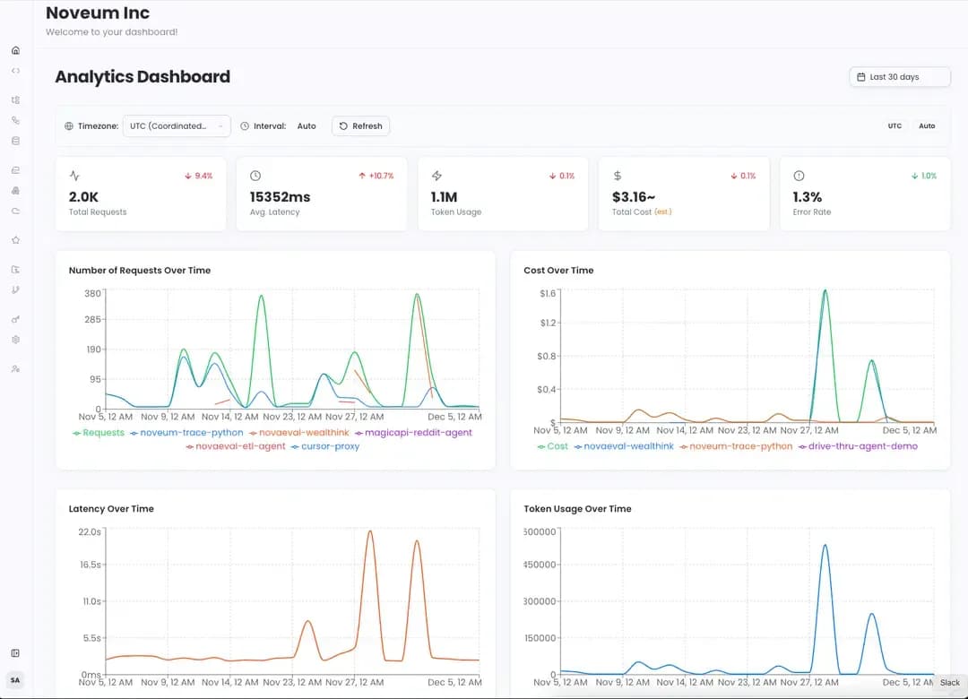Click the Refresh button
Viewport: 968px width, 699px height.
pyautogui.click(x=360, y=126)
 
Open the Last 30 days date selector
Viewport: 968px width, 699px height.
pyautogui.click(x=899, y=77)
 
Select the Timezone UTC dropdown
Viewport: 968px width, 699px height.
pyautogui.click(x=176, y=126)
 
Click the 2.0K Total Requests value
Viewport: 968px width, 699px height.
pyautogui.click(x=84, y=196)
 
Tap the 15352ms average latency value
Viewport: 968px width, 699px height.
pyautogui.click(x=280, y=196)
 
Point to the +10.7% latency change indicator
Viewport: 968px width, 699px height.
pyautogui.click(x=376, y=176)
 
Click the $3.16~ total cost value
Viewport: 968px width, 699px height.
pyautogui.click(x=634, y=196)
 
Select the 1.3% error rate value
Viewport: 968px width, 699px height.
pyautogui.click(x=807, y=196)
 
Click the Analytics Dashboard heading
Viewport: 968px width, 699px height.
pyautogui.click(x=143, y=77)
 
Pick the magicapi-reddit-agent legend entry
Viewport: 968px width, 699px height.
pyautogui.click(x=418, y=433)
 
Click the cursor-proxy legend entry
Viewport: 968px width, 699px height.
pyautogui.click(x=330, y=446)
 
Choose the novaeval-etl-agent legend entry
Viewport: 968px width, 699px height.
pyautogui.click(x=240, y=446)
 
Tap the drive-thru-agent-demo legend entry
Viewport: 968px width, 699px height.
pyautogui.click(x=863, y=446)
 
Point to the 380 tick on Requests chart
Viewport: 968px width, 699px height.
pyautogui.click(x=93, y=294)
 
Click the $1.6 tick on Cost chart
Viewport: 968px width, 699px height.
pyautogui.click(x=549, y=293)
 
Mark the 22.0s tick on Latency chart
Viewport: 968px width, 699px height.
pyautogui.click(x=90, y=531)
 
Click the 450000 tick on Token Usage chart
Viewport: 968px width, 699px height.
pyautogui.click(x=540, y=565)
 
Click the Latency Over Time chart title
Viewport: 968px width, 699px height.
pyautogui.click(x=111, y=509)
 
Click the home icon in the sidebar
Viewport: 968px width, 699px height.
pyautogui.click(x=15, y=50)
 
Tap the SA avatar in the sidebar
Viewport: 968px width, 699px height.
pyautogui.click(x=15, y=680)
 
